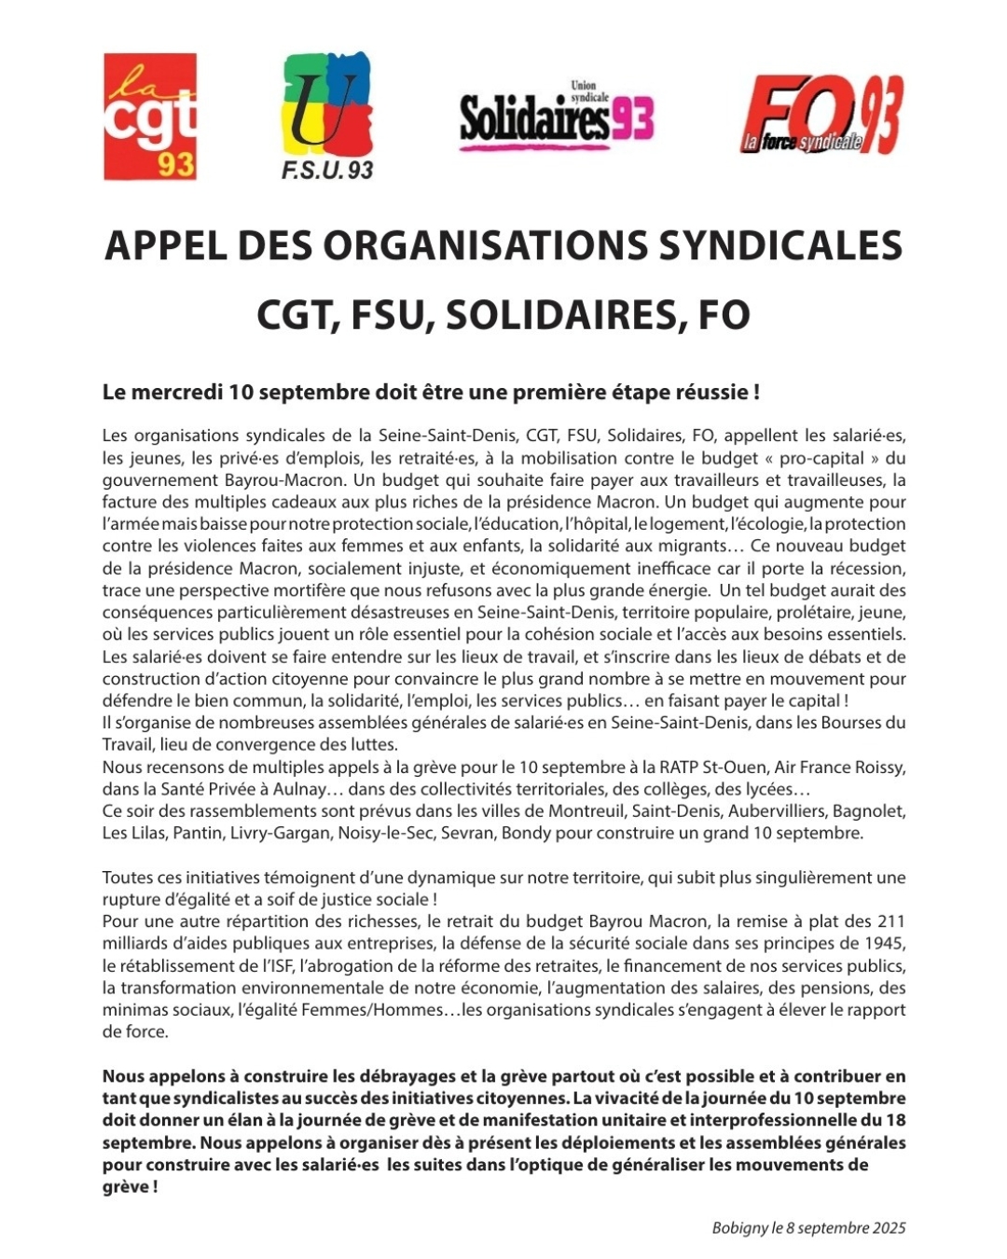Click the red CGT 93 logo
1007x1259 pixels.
(149, 117)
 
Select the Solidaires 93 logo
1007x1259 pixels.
(557, 118)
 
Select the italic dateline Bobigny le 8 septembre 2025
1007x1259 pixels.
(808, 1228)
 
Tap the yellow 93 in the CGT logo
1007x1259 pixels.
(175, 164)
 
